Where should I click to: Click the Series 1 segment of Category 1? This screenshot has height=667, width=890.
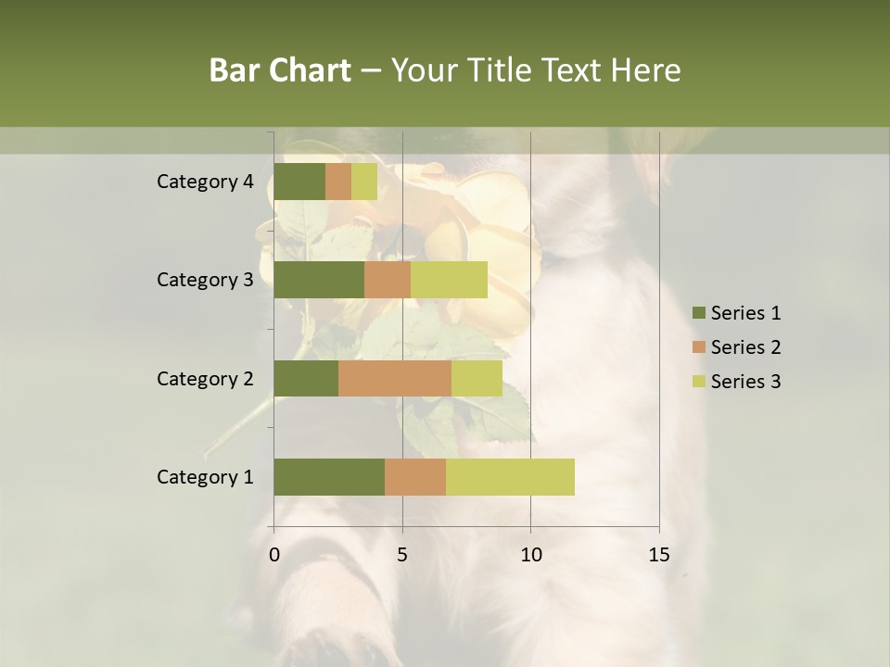pos(329,477)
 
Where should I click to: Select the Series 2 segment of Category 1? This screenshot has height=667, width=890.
pos(415,477)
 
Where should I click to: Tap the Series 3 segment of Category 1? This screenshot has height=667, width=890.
pos(510,477)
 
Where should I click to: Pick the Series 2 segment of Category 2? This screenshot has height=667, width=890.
pos(395,378)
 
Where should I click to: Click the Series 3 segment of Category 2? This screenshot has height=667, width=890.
pos(477,378)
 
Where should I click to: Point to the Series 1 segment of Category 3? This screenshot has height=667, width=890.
pos(319,280)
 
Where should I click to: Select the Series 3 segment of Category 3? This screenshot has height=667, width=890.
pos(449,280)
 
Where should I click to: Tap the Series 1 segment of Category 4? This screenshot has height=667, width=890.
pos(299,182)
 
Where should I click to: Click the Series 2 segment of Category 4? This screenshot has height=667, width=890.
pos(338,182)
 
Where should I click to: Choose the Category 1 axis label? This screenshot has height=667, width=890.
pos(205,477)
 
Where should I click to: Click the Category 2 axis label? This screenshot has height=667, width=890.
pos(205,378)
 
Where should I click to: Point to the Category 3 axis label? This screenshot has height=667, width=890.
pos(205,280)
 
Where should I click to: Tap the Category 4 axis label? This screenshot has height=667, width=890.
pos(205,182)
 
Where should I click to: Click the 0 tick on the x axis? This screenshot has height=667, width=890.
pos(274,555)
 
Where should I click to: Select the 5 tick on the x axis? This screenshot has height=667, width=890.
pos(402,555)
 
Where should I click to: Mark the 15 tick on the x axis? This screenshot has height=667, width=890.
pos(658,555)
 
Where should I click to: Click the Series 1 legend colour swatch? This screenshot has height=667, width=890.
pos(698,313)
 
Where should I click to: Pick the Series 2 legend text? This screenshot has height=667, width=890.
pos(745,347)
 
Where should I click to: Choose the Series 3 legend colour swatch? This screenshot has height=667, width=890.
pos(698,382)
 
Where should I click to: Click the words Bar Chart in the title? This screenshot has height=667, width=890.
pos(280,70)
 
